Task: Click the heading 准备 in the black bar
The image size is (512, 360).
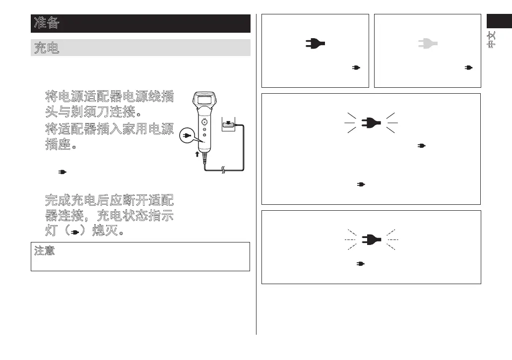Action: [47, 23]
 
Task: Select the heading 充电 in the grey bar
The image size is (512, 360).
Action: [47, 48]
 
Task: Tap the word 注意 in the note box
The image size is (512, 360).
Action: [44, 250]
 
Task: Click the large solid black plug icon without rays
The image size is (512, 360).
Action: [315, 44]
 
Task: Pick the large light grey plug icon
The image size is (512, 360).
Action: [427, 44]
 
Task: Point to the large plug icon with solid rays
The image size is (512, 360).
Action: [371, 122]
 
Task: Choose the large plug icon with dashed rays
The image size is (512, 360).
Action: [371, 240]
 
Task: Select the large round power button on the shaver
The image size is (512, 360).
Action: [204, 121]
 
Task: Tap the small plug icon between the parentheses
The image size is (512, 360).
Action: [75, 232]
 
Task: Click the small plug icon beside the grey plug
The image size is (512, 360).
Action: [467, 67]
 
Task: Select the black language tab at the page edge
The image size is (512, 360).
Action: [499, 22]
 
